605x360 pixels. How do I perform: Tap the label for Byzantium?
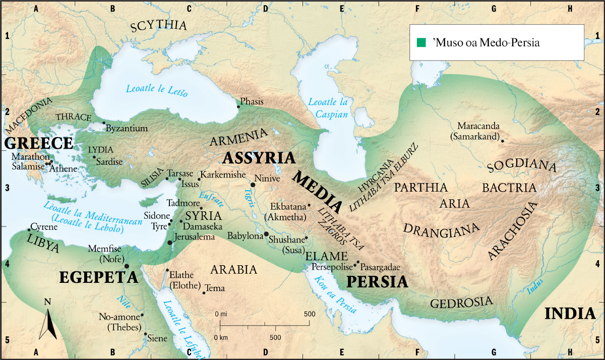click(x=127, y=129)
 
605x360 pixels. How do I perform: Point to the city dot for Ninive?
click(x=253, y=185)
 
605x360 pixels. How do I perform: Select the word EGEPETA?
click(x=98, y=277)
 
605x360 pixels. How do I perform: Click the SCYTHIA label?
click(x=158, y=27)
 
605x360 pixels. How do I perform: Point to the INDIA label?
click(x=570, y=313)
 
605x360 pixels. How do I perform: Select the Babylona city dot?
click(x=266, y=234)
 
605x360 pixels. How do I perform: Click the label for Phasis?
click(x=252, y=102)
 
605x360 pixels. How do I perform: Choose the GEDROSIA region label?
click(x=461, y=303)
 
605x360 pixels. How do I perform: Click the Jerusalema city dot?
click(x=170, y=243)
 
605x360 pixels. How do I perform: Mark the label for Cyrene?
click(x=44, y=226)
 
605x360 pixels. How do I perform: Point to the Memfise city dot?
click(x=127, y=266)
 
